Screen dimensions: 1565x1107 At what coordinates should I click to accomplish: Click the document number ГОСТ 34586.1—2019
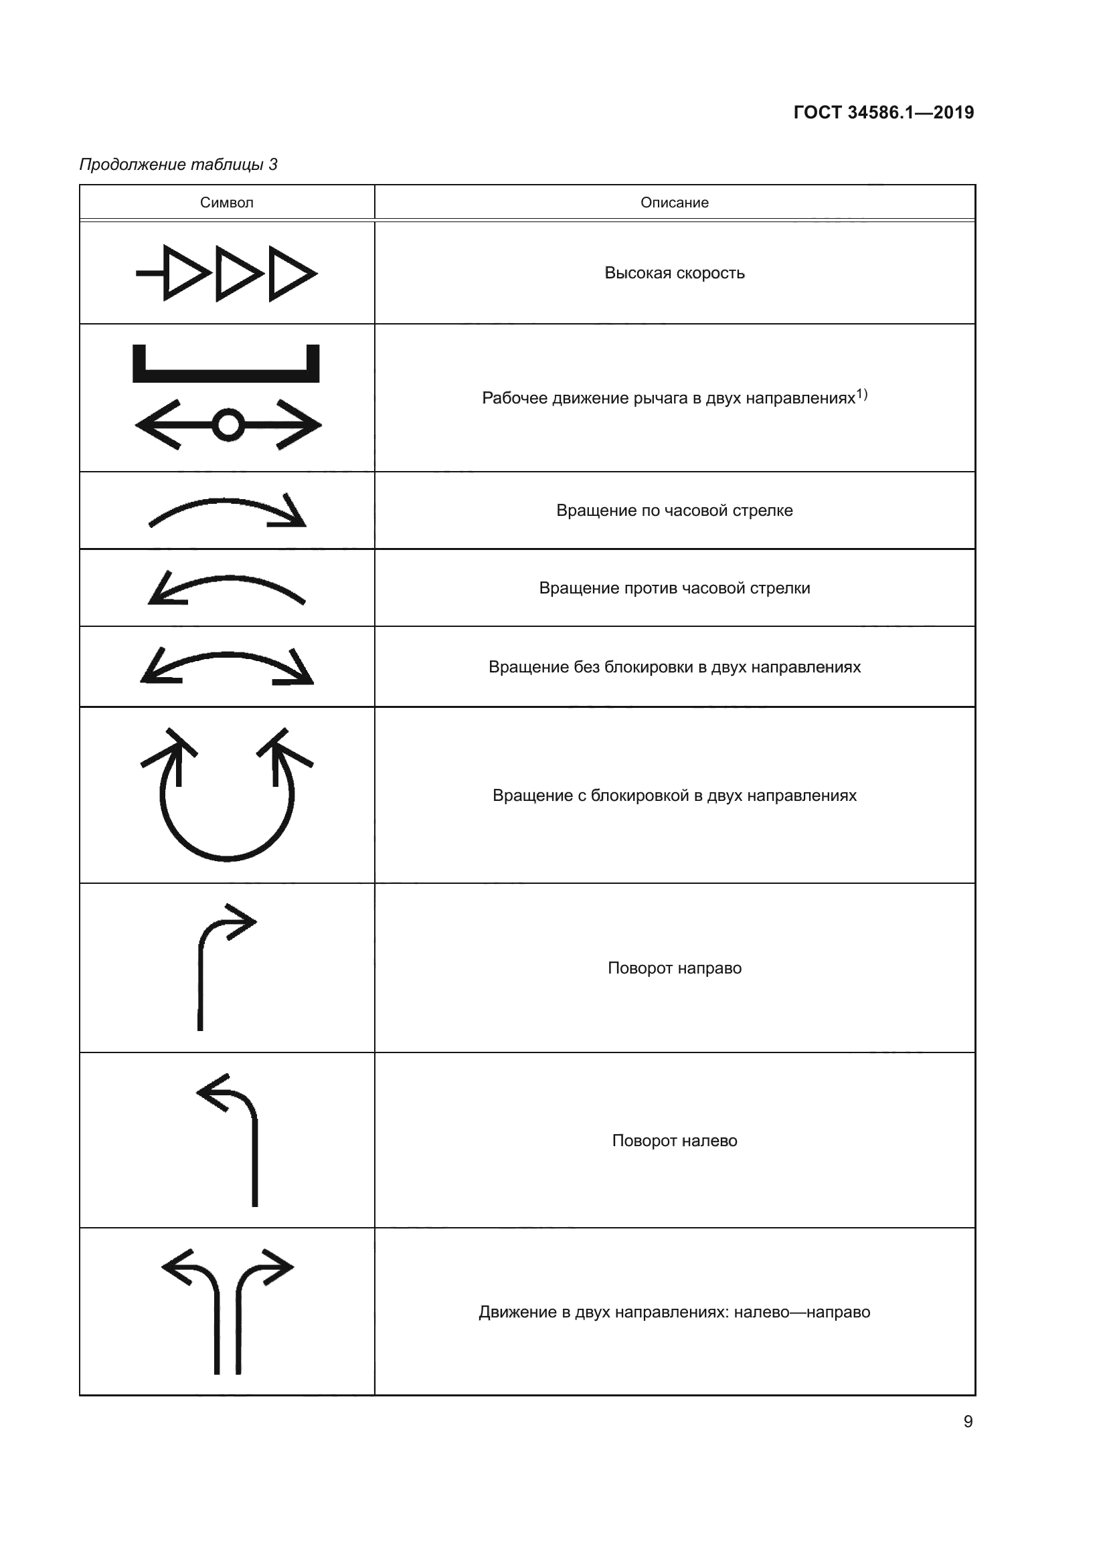tap(883, 112)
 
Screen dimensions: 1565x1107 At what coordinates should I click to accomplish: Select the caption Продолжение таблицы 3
tap(179, 165)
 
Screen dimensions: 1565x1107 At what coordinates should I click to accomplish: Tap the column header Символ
tap(226, 203)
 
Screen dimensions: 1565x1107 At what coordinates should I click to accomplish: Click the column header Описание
tap(674, 203)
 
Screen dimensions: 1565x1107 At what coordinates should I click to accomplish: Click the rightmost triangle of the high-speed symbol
tap(290, 274)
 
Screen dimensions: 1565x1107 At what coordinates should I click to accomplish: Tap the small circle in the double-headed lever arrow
tap(228, 425)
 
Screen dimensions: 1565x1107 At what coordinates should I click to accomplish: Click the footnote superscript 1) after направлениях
tap(861, 394)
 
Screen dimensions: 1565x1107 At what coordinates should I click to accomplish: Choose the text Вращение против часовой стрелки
tap(674, 588)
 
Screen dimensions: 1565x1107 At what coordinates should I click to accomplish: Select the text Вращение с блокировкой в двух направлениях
tap(674, 796)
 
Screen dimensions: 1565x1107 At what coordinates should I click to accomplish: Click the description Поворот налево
tap(674, 1141)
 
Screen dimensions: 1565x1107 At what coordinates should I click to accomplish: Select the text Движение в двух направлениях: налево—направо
tap(674, 1312)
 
